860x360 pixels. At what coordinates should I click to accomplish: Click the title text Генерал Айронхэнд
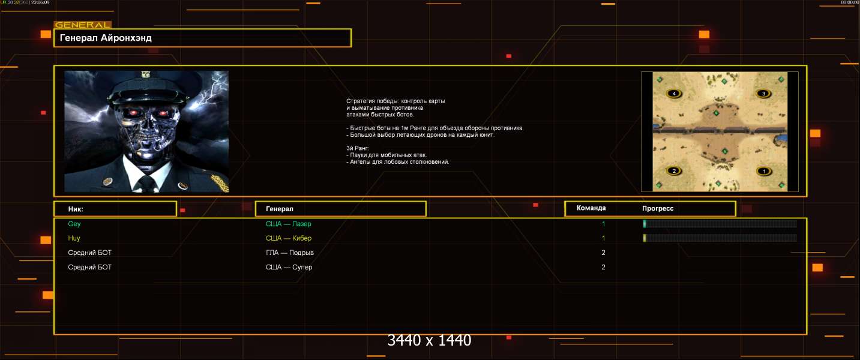tap(106, 38)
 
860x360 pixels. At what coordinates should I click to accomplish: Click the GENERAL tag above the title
tap(83, 25)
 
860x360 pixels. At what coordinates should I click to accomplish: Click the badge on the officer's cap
tap(145, 74)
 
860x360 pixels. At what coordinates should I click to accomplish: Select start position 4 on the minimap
tap(674, 94)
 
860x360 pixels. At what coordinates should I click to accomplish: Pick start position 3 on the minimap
tap(763, 93)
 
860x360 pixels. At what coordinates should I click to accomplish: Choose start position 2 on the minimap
tap(674, 171)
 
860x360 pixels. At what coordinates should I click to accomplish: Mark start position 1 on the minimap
tap(763, 171)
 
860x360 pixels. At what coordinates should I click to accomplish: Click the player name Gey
tap(74, 224)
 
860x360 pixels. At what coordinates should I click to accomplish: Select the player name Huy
tap(74, 238)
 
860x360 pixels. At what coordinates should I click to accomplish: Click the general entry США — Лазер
tap(288, 224)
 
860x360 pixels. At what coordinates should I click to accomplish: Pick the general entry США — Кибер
tap(288, 238)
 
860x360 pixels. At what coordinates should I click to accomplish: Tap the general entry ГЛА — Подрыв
tap(289, 253)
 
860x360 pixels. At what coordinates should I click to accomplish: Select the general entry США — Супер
tap(289, 267)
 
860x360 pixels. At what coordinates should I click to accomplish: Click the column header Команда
tap(591, 208)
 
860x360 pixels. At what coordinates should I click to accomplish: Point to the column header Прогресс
tap(658, 208)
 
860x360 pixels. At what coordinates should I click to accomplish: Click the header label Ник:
tap(76, 209)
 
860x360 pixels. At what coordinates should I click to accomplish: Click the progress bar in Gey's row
tap(720, 224)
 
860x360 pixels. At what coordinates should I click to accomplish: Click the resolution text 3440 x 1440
tap(429, 340)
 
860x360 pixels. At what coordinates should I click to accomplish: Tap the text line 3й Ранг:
tap(358, 148)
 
